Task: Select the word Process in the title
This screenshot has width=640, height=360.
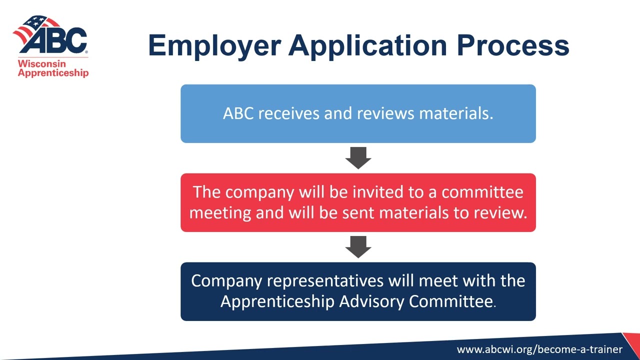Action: [x=512, y=45]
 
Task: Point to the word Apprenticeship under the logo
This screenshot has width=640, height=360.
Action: [x=53, y=73]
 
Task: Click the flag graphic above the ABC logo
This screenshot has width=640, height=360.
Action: [x=36, y=25]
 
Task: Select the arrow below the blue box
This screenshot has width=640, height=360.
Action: [x=358, y=157]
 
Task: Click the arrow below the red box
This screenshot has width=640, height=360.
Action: [x=358, y=246]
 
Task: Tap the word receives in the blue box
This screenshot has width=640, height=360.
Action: [x=289, y=113]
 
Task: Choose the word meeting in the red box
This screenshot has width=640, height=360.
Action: [x=220, y=213]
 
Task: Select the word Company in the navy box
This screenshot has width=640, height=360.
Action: [x=226, y=281]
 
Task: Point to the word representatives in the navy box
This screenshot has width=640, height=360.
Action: [x=325, y=281]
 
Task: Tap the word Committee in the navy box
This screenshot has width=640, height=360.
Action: [x=451, y=301]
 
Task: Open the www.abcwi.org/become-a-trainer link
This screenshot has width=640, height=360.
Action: [x=539, y=349]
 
